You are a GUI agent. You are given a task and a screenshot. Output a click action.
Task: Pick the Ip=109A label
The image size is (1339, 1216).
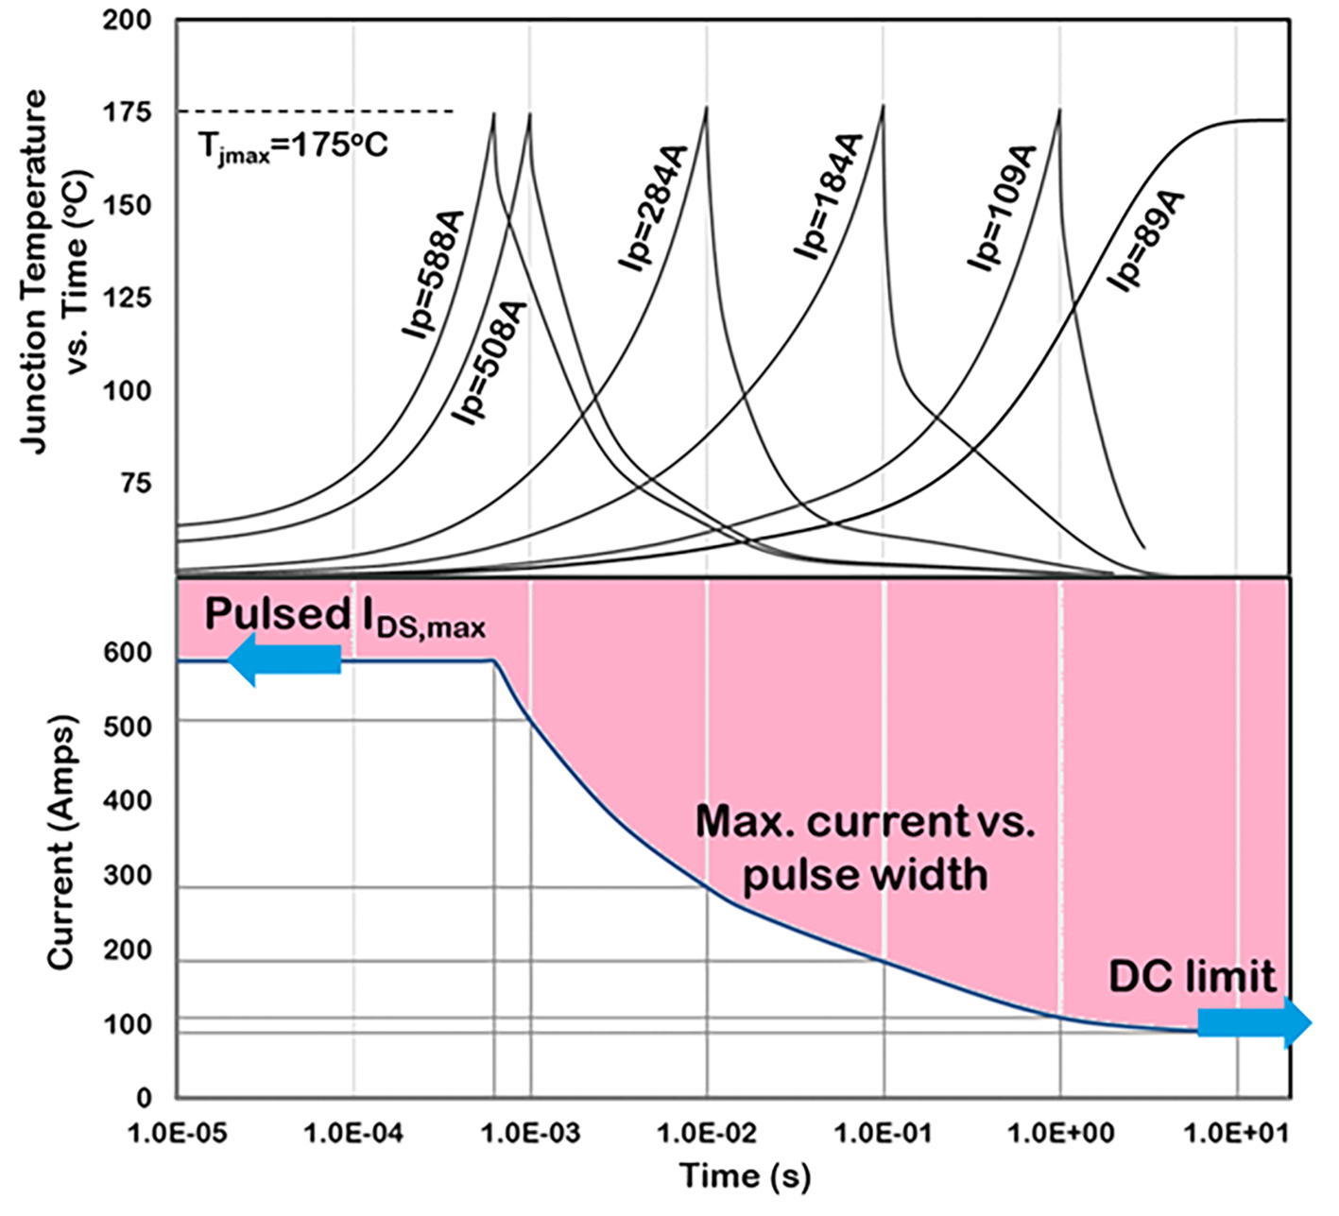(1002, 209)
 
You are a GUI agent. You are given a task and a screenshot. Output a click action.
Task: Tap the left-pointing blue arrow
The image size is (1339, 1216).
(284, 659)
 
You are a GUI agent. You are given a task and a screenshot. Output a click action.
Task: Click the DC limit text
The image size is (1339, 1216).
(1192, 977)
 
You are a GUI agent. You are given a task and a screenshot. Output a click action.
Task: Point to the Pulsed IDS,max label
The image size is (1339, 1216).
(345, 617)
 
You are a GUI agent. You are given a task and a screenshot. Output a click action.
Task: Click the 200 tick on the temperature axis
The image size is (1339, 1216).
(127, 20)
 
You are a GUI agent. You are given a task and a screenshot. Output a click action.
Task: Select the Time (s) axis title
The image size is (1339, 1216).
(746, 1177)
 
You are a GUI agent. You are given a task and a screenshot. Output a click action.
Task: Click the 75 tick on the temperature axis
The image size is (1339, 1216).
(133, 483)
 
